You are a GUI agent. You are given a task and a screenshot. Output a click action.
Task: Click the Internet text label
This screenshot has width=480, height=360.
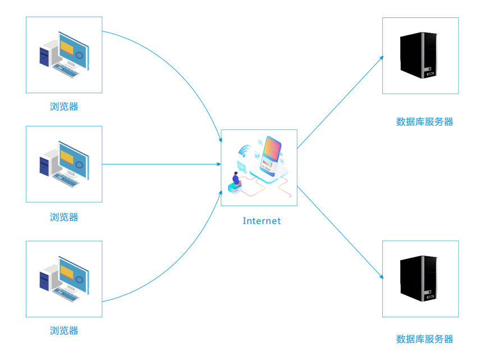[x=262, y=221]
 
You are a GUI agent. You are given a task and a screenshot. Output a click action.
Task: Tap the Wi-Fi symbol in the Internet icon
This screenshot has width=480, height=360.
[x=244, y=151]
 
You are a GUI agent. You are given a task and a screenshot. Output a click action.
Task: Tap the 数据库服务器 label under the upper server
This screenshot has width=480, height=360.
[x=424, y=122]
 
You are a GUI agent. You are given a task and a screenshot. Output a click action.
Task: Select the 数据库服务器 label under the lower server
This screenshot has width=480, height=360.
[x=424, y=339]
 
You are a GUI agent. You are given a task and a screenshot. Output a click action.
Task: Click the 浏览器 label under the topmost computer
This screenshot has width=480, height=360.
[x=64, y=107]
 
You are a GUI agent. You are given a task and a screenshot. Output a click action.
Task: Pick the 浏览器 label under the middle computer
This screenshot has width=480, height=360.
[x=64, y=217]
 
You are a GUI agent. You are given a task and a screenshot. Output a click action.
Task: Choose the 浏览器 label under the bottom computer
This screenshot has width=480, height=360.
[x=64, y=330]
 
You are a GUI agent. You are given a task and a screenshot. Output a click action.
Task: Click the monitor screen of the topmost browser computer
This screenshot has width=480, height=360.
[x=73, y=52]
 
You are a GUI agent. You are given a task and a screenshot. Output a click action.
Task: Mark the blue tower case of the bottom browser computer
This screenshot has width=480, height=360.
[x=45, y=278]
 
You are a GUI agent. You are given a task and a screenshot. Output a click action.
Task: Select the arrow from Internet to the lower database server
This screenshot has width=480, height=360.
[x=340, y=231]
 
